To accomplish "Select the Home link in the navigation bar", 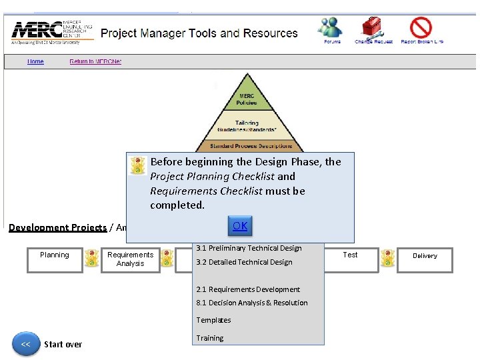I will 35,62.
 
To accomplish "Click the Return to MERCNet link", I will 95,62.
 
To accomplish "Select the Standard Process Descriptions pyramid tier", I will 251,146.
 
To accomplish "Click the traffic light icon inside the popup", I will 138,166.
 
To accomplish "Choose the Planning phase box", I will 55,259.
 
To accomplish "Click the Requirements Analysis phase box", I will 130,259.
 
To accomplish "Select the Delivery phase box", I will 425,259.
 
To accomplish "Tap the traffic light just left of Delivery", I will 387,259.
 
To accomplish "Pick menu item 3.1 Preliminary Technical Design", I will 249,248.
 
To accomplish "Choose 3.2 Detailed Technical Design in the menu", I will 244,262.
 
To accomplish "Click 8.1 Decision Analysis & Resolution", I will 252,303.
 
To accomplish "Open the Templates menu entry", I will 213,320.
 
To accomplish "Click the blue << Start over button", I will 26,345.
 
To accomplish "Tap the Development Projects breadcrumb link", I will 57,227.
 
